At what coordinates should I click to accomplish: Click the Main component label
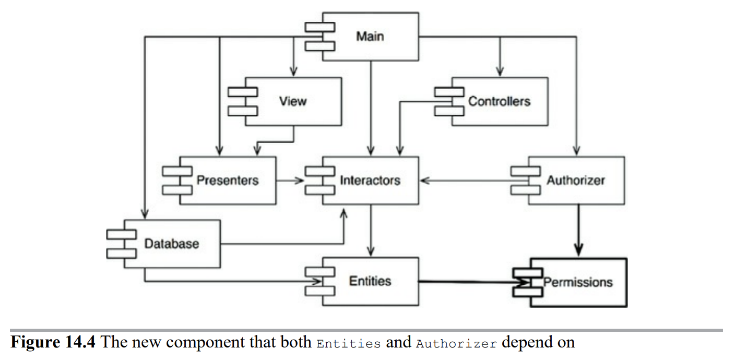(370, 36)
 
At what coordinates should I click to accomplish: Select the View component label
(293, 101)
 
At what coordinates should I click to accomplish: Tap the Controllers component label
(499, 101)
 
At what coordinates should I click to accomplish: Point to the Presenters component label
(228, 180)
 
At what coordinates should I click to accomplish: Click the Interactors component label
(370, 180)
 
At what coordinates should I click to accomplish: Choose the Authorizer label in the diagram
(576, 180)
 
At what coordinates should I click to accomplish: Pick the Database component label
(172, 244)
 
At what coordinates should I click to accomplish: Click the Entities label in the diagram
(370, 281)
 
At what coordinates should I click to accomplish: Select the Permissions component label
(578, 282)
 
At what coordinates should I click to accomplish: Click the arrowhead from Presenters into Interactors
(300, 181)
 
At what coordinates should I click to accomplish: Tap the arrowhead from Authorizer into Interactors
(425, 181)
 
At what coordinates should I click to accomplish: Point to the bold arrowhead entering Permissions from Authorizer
(578, 250)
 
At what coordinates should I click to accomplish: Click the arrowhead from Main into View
(293, 71)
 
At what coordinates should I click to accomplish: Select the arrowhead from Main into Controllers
(500, 71)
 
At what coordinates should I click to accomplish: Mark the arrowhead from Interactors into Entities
(371, 251)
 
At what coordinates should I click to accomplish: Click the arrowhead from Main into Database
(145, 214)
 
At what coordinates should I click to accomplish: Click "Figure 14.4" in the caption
(53, 342)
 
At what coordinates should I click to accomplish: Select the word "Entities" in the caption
(349, 344)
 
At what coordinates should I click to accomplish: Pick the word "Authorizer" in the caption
(456, 344)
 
